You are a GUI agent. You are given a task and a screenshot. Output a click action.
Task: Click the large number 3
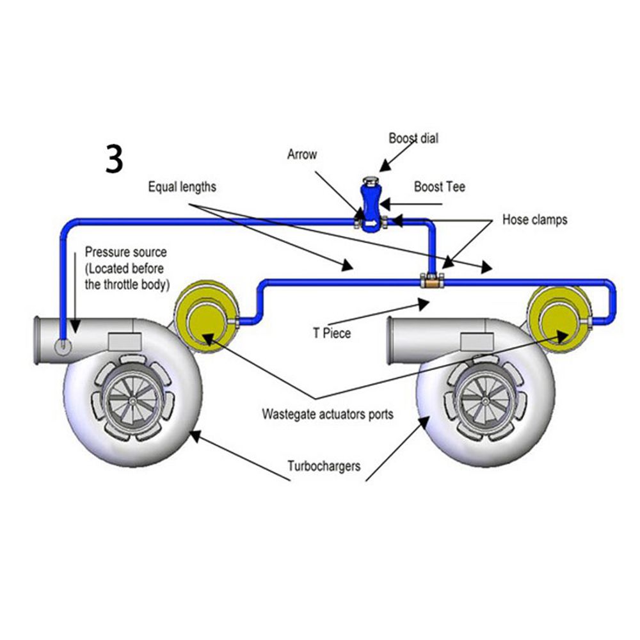(x=115, y=158)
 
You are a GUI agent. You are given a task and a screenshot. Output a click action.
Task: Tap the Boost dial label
(x=413, y=138)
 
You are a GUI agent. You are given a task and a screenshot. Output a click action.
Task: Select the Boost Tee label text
(x=440, y=186)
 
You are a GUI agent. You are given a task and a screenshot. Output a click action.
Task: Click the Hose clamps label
(x=534, y=220)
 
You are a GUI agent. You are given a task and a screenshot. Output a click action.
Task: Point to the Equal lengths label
(x=182, y=187)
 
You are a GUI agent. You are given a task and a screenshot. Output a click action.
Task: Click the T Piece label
(x=332, y=333)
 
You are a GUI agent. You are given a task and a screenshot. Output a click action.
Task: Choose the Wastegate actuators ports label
(x=328, y=414)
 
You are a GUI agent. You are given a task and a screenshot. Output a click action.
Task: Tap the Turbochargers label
(x=324, y=466)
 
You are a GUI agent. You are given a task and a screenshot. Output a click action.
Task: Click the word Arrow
(x=302, y=154)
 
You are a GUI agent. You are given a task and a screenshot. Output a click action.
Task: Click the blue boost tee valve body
(x=371, y=207)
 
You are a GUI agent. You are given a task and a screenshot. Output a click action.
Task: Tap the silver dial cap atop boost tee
(x=371, y=180)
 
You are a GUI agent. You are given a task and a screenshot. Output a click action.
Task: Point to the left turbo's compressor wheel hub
(x=132, y=402)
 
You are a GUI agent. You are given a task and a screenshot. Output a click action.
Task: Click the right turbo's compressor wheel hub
(x=485, y=402)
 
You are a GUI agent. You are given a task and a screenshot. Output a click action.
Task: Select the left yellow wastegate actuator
(x=205, y=317)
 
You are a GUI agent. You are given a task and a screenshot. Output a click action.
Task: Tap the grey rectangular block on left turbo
(x=125, y=342)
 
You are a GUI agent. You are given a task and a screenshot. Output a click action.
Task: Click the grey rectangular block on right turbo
(x=477, y=341)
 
